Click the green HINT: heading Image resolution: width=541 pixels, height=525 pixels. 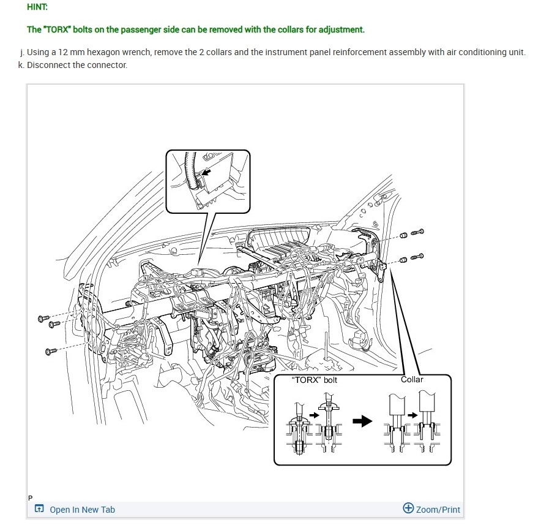click(x=37, y=7)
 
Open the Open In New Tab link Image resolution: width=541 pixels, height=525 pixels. click(x=82, y=510)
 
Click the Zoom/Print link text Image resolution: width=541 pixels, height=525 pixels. click(x=438, y=510)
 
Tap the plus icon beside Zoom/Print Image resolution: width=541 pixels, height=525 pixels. click(x=408, y=508)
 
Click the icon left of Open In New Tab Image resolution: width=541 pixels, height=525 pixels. click(x=39, y=509)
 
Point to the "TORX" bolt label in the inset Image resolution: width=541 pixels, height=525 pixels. click(x=316, y=380)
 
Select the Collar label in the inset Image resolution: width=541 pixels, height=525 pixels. click(x=412, y=379)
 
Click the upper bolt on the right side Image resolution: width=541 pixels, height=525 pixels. click(x=419, y=232)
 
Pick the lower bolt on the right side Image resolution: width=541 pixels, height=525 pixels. click(x=419, y=255)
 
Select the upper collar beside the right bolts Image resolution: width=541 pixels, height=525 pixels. click(x=404, y=235)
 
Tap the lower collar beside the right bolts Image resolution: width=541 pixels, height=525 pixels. click(x=404, y=259)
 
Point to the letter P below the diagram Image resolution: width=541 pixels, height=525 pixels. click(x=29, y=497)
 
